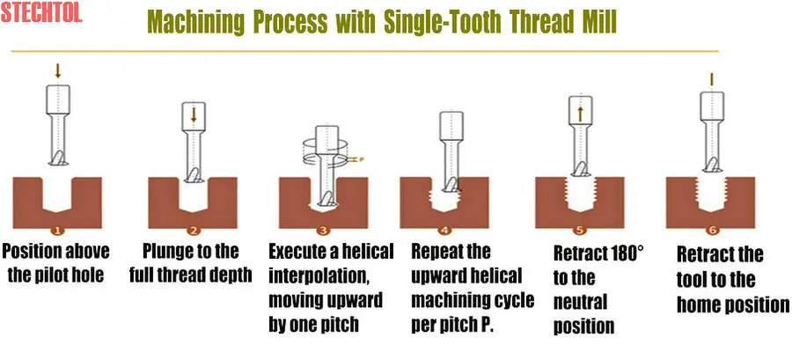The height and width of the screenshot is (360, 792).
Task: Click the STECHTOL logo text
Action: [41, 12]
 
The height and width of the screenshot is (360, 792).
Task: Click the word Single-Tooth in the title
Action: [443, 22]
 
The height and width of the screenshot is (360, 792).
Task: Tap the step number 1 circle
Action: [57, 231]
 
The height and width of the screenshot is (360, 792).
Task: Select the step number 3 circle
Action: [323, 231]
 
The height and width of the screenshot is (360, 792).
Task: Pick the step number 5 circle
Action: [579, 231]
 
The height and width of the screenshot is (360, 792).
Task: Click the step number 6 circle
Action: [712, 231]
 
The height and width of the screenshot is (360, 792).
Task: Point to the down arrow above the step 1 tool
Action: [57, 70]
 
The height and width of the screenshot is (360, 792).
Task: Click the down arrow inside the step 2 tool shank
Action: [194, 114]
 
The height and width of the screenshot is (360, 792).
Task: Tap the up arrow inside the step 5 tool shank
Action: [580, 114]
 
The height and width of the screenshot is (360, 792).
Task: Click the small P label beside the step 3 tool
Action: [361, 159]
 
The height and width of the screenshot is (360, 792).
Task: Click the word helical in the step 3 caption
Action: [367, 251]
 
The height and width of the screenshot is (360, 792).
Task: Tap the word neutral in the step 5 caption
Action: [581, 302]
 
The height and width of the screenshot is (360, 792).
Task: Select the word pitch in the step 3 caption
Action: [335, 325]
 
